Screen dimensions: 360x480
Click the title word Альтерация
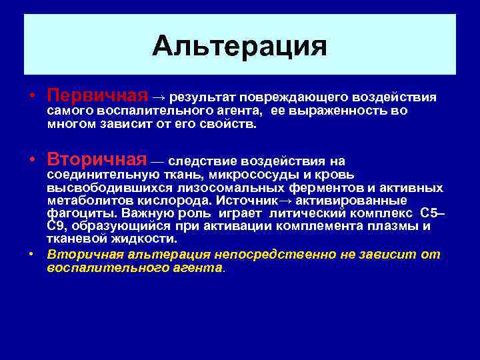[239, 47]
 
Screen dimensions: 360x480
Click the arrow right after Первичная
[160, 99]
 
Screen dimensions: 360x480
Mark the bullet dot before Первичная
[31, 98]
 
